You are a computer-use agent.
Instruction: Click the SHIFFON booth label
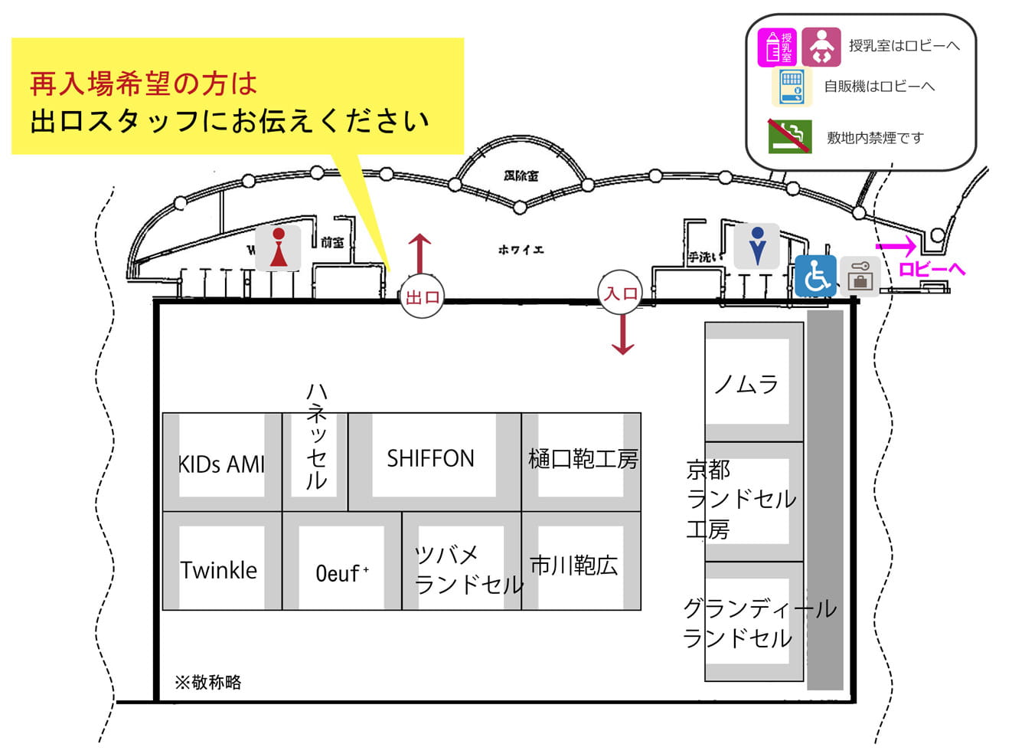(x=430, y=458)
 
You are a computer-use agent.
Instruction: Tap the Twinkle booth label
(x=219, y=570)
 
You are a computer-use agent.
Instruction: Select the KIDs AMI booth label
(x=221, y=464)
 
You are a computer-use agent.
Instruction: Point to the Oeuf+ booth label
(x=342, y=573)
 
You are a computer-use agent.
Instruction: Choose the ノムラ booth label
(x=746, y=383)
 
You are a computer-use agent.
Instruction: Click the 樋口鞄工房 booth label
(x=583, y=459)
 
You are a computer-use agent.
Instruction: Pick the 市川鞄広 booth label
(x=574, y=565)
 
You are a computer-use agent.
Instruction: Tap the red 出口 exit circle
(x=422, y=297)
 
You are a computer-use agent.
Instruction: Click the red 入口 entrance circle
(x=621, y=293)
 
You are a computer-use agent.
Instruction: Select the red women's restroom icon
(x=279, y=248)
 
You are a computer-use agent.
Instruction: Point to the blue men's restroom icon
(x=757, y=246)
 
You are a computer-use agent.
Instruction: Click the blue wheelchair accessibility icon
(x=816, y=276)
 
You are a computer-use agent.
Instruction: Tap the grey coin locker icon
(x=860, y=277)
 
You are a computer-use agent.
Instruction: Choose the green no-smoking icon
(x=790, y=136)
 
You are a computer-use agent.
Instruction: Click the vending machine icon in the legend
(x=792, y=87)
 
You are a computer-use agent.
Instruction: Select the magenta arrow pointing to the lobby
(x=896, y=246)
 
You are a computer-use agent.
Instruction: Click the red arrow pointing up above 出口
(x=419, y=253)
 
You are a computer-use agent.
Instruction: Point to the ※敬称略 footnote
(x=208, y=682)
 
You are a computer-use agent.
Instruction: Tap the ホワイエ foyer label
(x=521, y=250)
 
